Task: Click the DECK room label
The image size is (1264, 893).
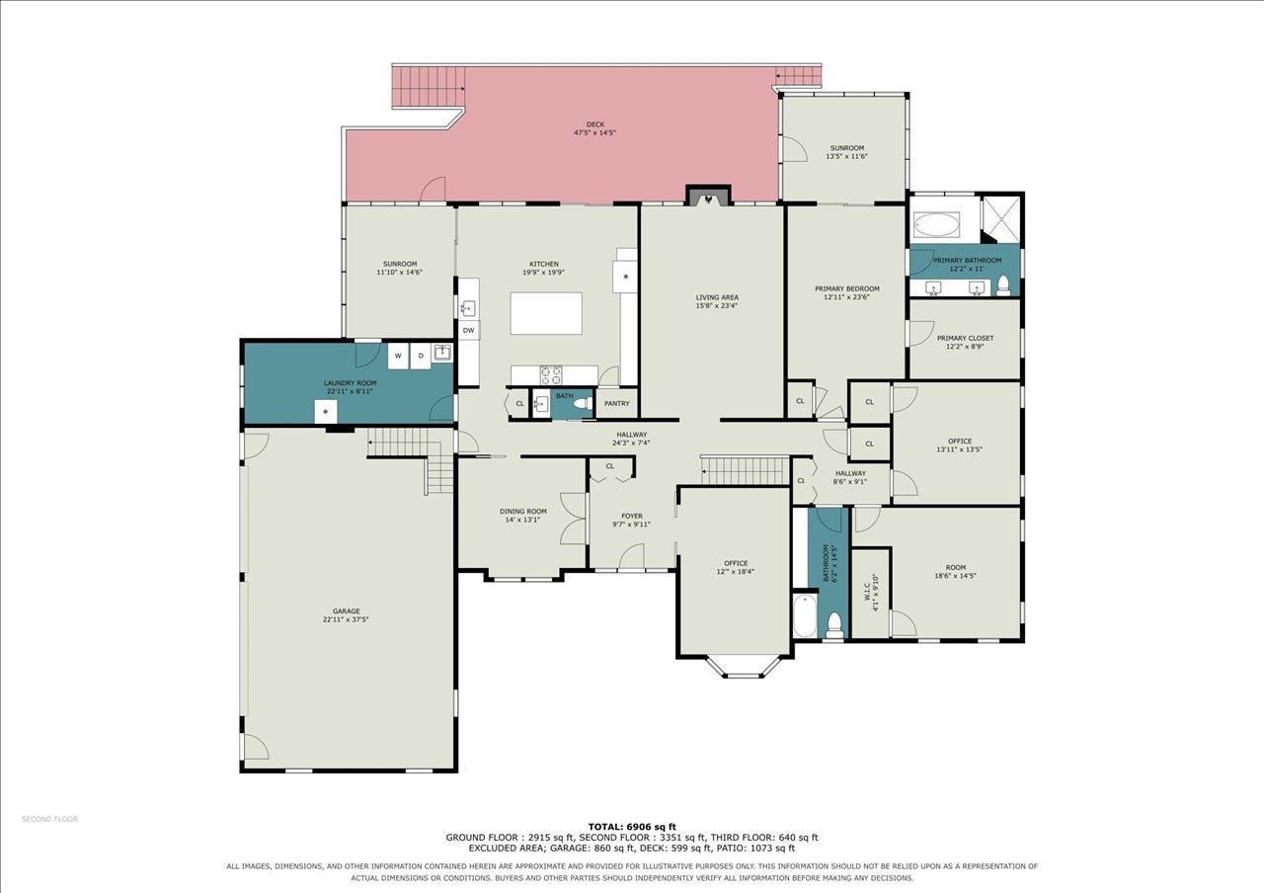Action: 594,124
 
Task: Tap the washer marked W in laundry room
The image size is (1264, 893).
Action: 398,356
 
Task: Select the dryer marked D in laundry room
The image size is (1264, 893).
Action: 421,356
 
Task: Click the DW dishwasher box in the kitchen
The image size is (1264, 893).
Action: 468,330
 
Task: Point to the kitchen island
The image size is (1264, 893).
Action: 546,313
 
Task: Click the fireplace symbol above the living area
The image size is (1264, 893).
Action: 708,199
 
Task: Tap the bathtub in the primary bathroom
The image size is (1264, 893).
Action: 936,224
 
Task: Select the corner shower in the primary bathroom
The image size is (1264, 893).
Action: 1001,219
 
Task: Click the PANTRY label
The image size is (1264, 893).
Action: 617,404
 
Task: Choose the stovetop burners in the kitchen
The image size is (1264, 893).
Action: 551,374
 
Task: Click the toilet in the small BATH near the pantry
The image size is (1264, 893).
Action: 584,404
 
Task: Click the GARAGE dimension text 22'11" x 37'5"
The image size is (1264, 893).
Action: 346,619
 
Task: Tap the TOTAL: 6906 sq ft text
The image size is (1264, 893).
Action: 632,827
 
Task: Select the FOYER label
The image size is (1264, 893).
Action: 631,516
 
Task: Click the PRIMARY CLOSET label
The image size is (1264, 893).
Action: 965,338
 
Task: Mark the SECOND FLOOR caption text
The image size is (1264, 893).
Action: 49,819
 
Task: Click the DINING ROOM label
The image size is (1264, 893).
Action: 523,512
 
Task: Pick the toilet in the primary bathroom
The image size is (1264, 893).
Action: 1003,286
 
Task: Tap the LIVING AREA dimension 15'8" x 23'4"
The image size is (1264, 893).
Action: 717,305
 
